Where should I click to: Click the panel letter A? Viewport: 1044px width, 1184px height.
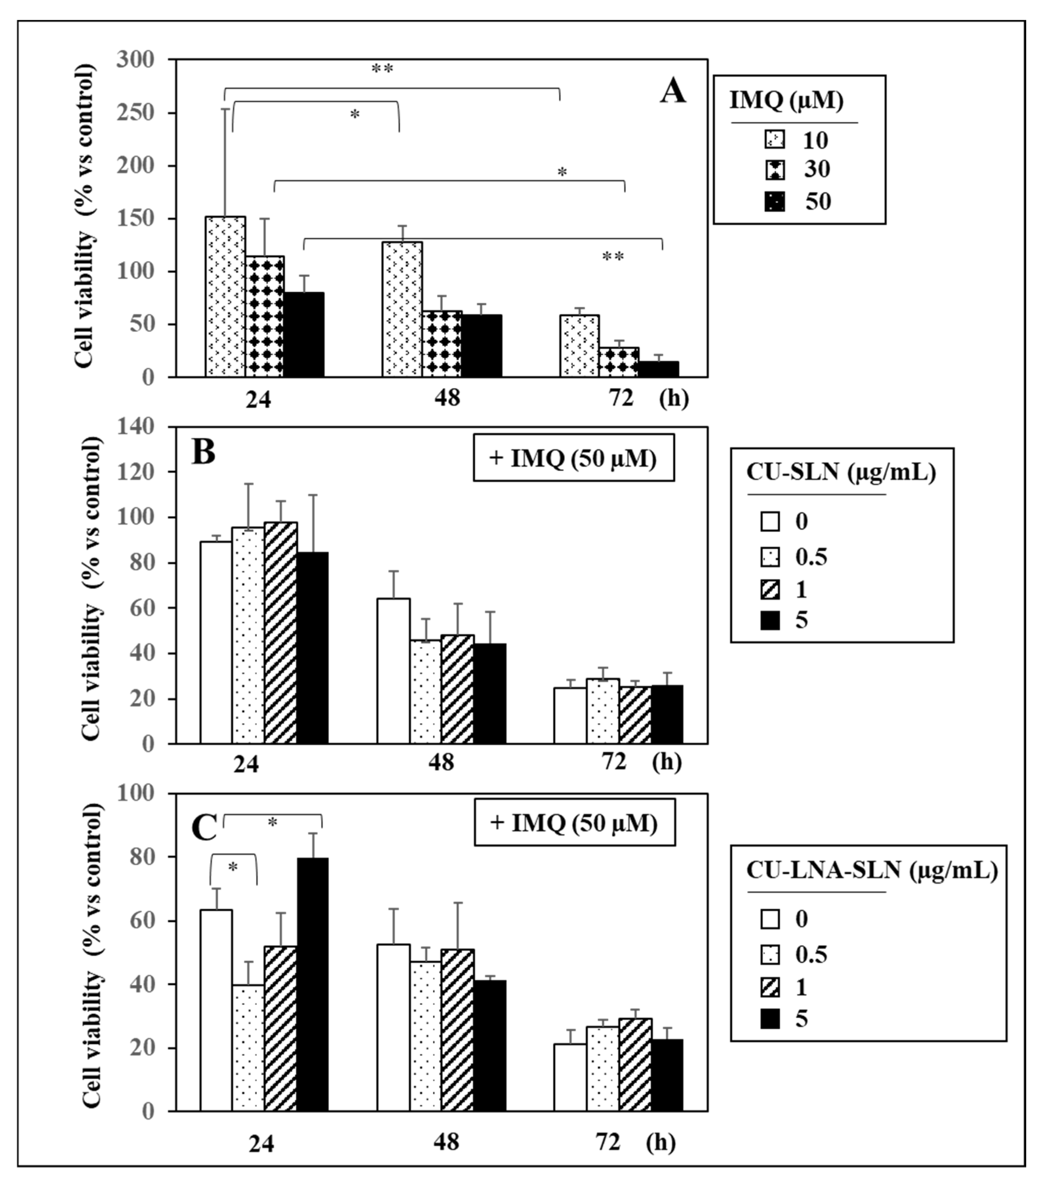coord(673,91)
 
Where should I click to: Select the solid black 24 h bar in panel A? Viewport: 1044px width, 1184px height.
coord(304,335)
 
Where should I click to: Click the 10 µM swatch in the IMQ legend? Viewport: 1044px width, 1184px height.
coord(775,139)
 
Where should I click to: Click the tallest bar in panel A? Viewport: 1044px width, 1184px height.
coord(225,296)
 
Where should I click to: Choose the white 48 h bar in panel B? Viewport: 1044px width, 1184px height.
coord(393,671)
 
